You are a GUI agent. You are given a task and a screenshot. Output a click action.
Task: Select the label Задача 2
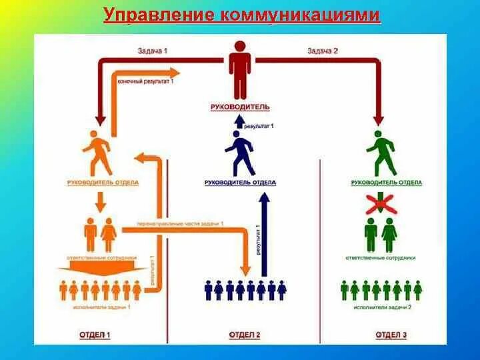323,51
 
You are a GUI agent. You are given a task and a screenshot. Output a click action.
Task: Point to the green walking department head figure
382,153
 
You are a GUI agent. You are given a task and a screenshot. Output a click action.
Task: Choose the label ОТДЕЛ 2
245,334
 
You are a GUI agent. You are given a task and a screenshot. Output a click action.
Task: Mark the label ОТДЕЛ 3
391,334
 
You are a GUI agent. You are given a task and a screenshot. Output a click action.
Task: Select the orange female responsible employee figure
108,234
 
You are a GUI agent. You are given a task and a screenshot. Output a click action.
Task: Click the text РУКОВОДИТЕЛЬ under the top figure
240,107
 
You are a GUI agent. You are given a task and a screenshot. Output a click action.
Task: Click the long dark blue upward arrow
264,233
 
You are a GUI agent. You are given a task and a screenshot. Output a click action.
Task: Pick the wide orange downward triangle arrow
101,269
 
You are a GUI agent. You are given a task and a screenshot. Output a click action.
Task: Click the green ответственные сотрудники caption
381,257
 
